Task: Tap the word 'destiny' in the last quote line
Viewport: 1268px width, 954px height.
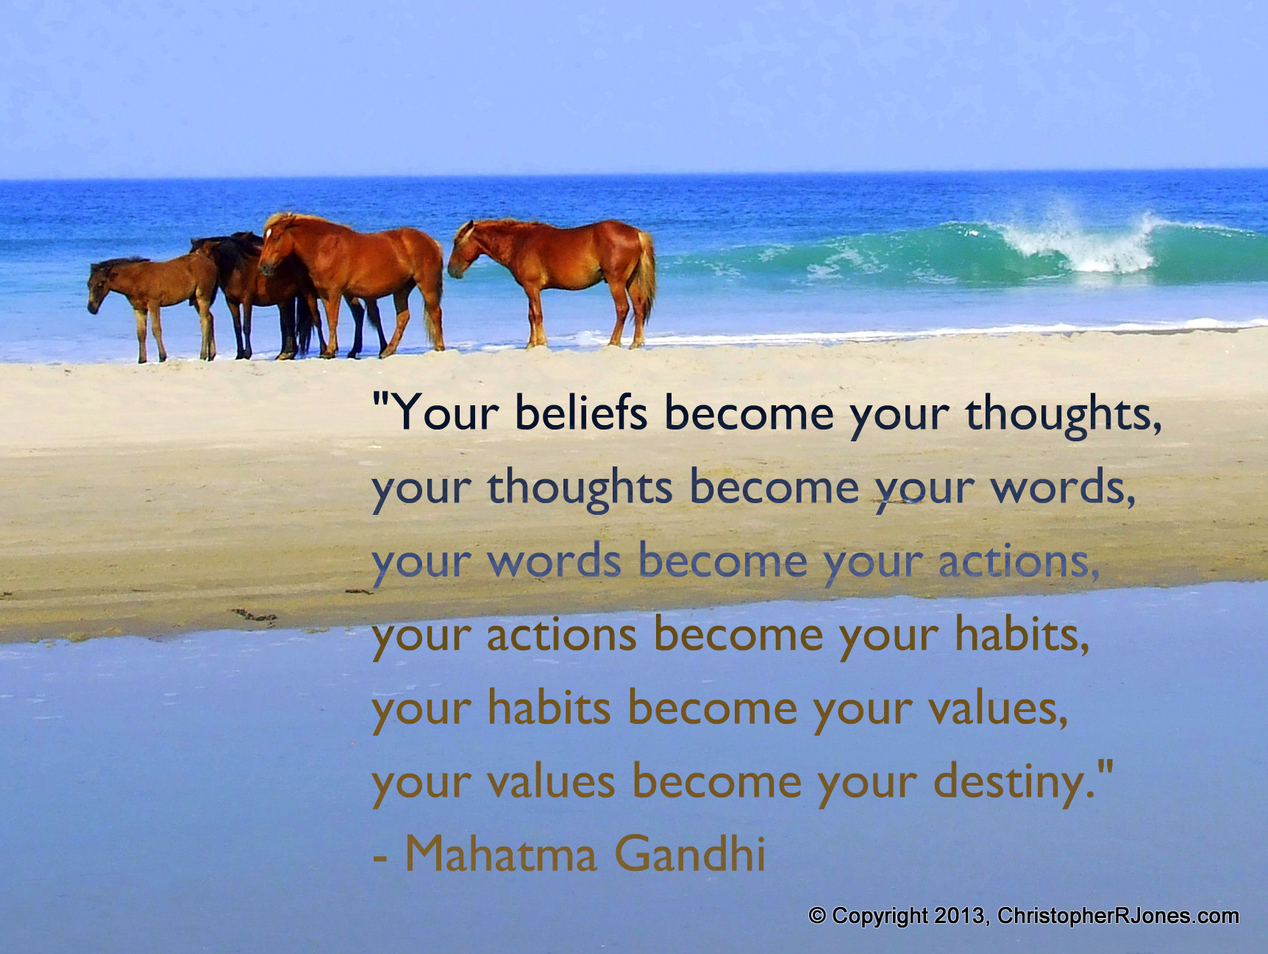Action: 1010,783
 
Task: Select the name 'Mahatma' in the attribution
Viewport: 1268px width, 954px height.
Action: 499,855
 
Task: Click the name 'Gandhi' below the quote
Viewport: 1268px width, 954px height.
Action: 690,854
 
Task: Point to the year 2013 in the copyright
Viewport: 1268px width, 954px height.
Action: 960,916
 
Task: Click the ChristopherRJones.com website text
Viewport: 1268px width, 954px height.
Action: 1118,916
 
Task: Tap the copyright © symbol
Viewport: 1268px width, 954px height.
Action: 816,916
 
